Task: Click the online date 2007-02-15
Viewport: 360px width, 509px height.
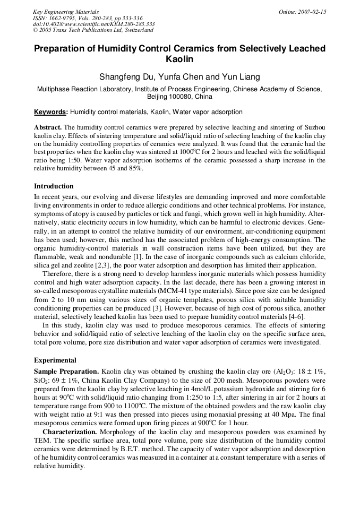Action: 311,12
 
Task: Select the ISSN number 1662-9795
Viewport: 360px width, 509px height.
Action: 61,18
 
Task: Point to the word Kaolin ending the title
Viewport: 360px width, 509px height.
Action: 179,59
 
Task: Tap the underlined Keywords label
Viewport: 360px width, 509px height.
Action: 50,112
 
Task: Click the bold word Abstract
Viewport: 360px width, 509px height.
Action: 47,128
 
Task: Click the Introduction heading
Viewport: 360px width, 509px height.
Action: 54,186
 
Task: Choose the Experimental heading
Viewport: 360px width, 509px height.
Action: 55,360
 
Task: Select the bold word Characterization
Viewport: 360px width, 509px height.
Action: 70,432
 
